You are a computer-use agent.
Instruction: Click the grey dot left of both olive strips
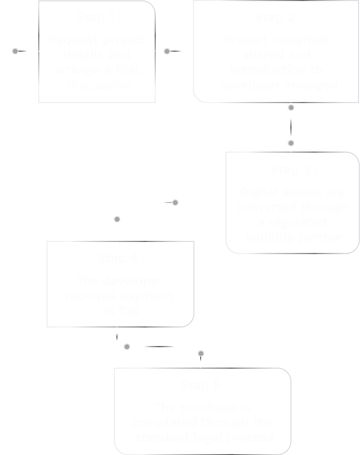pos(15,51)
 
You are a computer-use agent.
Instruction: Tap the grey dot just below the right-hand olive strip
pos(167,51)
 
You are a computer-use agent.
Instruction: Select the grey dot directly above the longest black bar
pos(291,108)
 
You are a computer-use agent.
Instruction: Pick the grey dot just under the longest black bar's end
pos(291,143)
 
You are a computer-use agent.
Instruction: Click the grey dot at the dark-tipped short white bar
pos(175,203)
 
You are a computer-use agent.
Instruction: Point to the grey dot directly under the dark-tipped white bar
pos(117,219)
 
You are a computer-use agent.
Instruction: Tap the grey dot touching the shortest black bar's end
pos(127,347)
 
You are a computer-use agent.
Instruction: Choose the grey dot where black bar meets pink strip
pos(201,354)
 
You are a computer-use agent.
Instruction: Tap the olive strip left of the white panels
pos(44,39)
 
